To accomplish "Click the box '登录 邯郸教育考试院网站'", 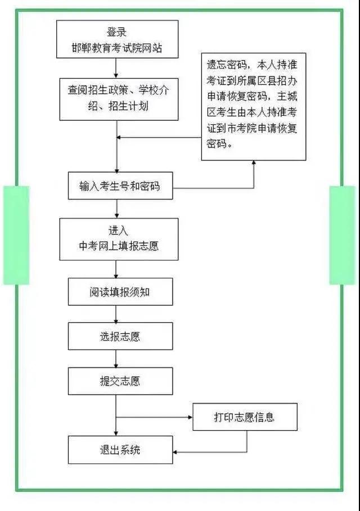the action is point(118,39).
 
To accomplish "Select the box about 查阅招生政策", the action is point(119,99).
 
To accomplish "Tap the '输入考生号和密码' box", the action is point(120,186).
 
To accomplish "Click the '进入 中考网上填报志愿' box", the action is point(119,239).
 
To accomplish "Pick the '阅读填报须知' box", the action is point(120,292).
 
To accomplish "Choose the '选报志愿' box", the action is point(120,336).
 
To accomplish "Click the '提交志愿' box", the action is point(120,381).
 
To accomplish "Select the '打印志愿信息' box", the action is point(245,417).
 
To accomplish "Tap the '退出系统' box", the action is point(120,450).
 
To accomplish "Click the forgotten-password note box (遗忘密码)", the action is point(254,107).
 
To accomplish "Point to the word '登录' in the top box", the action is point(116,32).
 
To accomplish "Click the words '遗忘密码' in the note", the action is point(227,65).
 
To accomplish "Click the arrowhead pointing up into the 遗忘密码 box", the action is point(254,163).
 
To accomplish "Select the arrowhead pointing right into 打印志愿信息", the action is point(190,417).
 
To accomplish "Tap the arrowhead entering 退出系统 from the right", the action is point(175,452).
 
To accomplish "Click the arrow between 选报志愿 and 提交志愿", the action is point(116,359).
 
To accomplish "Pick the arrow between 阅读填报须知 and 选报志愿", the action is point(116,314).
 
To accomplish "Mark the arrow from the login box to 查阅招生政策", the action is point(116,68).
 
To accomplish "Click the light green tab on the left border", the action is point(16,236).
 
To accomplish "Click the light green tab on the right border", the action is point(343,236).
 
